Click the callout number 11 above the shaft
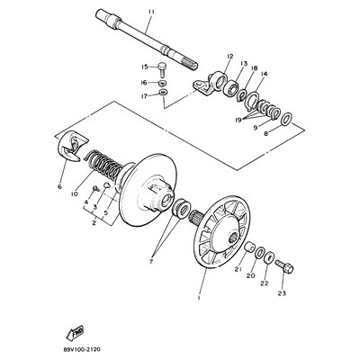pos(151,12)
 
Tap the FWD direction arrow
pos(75,332)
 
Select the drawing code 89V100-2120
pos(82,349)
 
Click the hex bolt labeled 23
pos(284,265)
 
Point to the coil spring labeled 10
pos(104,165)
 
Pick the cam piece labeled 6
pos(72,146)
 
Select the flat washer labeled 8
pos(287,119)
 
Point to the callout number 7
pos(151,262)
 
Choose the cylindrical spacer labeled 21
pos(249,248)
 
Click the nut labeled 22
pos(270,257)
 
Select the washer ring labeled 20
pos(260,253)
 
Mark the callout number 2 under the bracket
pos(94,223)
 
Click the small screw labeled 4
pos(96,189)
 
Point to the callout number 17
pos(145,96)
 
